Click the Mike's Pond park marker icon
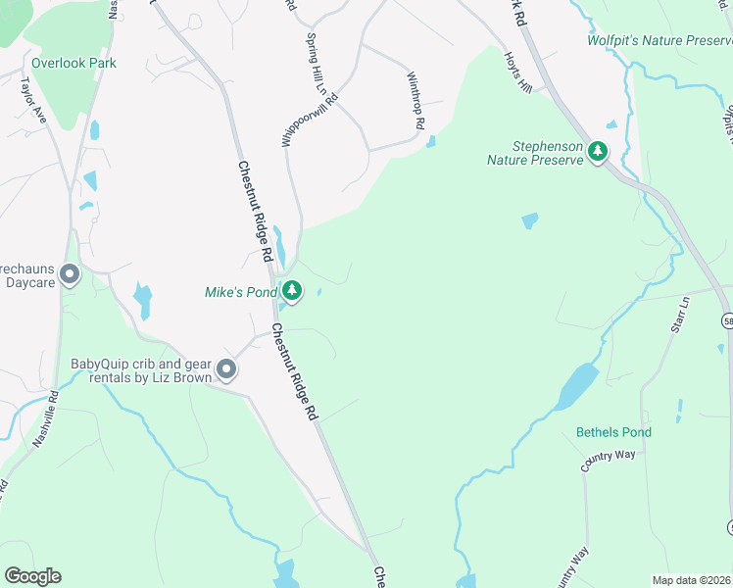(x=292, y=291)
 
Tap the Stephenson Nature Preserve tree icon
(x=597, y=151)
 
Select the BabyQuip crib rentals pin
(x=226, y=369)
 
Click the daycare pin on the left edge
(x=69, y=275)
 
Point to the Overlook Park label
(x=73, y=63)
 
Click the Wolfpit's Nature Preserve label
(x=660, y=41)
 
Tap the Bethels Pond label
(x=613, y=432)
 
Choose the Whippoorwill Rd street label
(x=311, y=121)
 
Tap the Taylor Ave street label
(x=33, y=100)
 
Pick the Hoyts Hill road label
(x=517, y=73)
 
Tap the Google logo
(x=32, y=576)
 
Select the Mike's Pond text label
(x=240, y=292)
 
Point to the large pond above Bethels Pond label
(x=577, y=384)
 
